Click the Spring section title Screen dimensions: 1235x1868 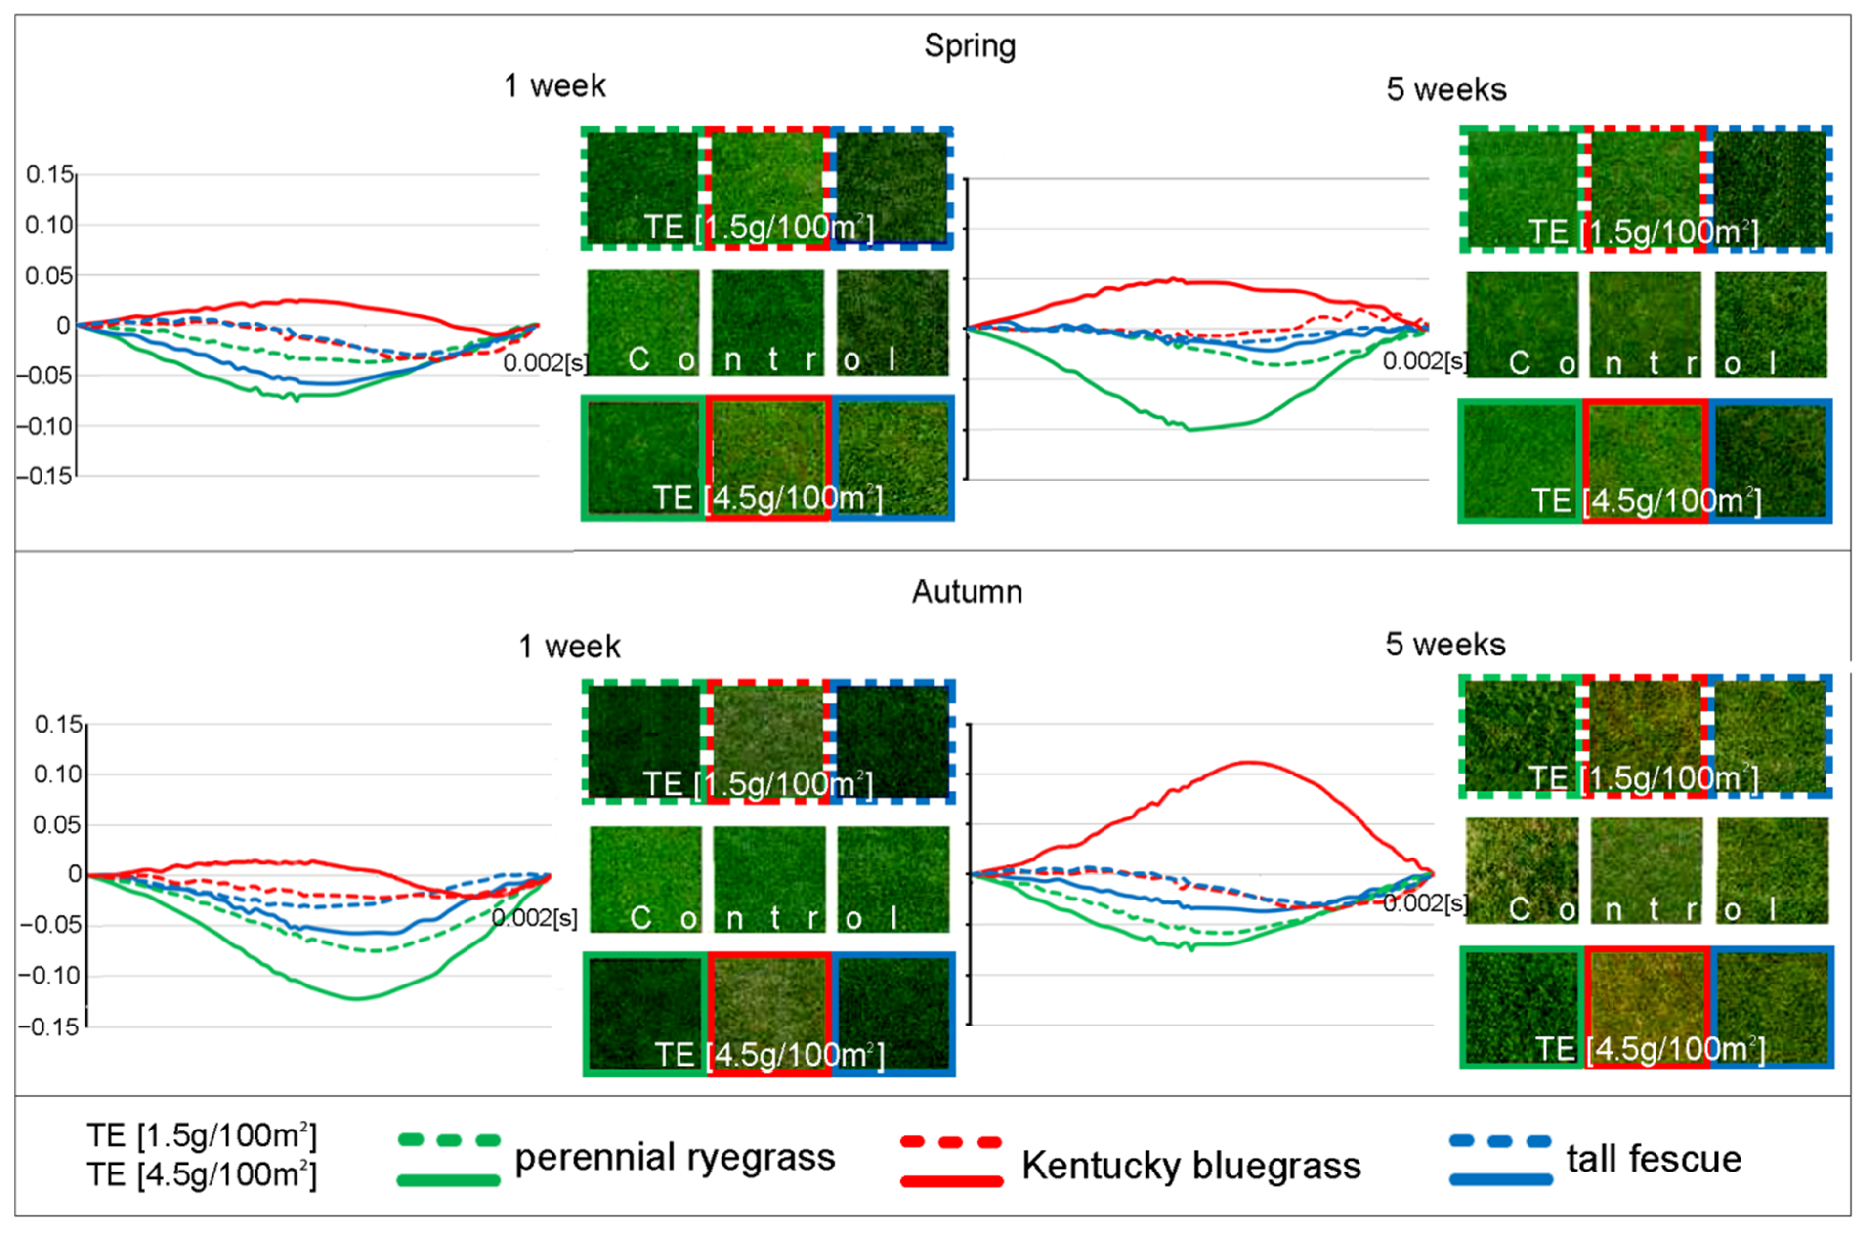click(969, 46)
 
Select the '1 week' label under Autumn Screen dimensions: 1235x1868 click(569, 647)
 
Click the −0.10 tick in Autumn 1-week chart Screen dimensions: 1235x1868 click(50, 976)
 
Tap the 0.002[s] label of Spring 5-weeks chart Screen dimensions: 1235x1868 click(1424, 361)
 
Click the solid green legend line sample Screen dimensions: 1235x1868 click(448, 1180)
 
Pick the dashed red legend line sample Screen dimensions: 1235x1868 click(951, 1141)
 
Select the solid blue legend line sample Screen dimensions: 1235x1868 click(1500, 1179)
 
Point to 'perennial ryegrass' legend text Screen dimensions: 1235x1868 click(675, 1158)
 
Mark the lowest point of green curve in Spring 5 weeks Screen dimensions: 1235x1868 click(1189, 429)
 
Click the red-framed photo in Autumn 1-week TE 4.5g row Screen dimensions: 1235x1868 click(769, 1014)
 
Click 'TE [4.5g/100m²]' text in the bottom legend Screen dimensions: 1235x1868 click(202, 1174)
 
